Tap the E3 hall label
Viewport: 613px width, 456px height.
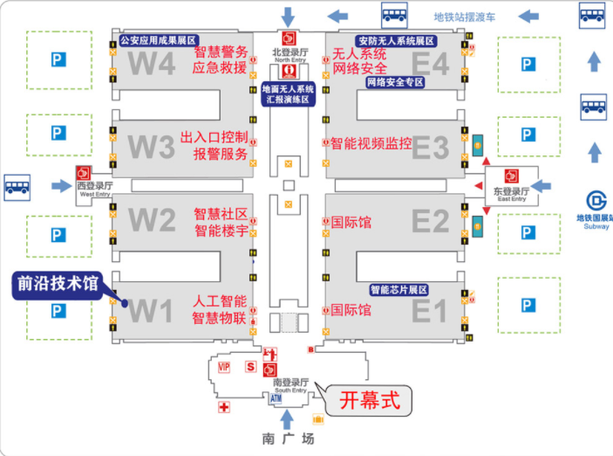430,148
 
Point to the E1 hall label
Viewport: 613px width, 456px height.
430,309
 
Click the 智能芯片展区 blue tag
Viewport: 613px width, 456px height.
398,290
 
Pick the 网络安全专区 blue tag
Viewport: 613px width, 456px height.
394,82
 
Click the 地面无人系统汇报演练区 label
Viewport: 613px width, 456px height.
288,94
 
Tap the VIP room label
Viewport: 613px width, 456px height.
223,367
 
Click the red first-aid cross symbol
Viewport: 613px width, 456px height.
224,407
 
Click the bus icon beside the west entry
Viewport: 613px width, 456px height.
18,185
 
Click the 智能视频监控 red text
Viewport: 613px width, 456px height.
371,144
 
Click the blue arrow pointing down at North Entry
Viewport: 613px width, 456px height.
288,16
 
